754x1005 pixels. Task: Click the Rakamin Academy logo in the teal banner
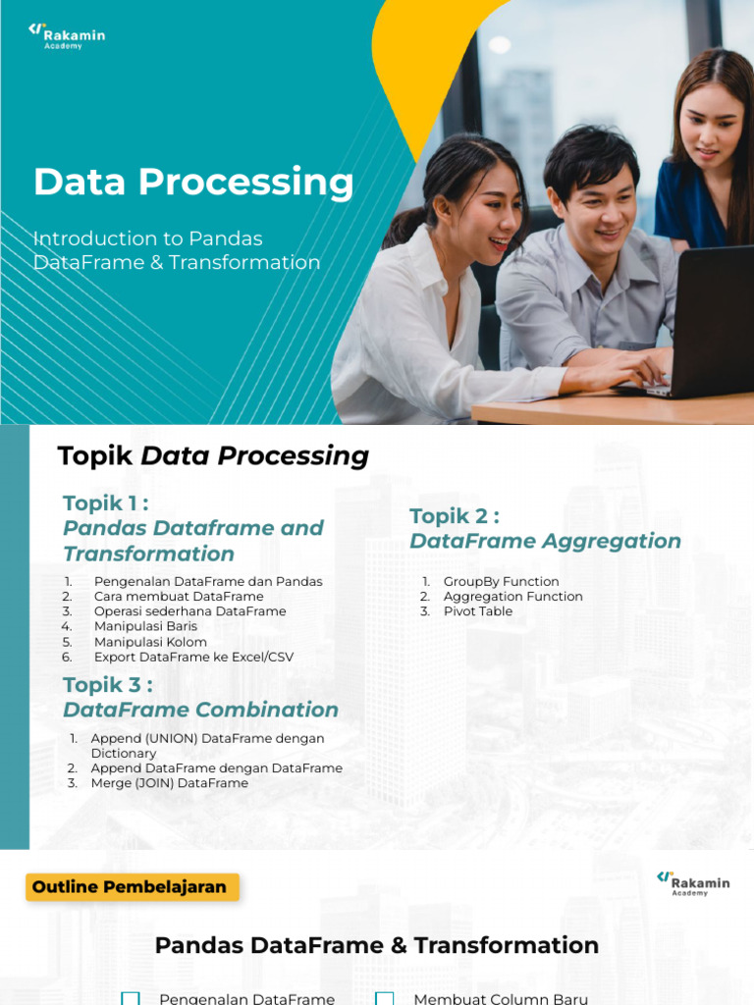coord(67,36)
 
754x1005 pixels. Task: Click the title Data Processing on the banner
coord(193,183)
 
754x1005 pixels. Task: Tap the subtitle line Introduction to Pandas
coord(148,238)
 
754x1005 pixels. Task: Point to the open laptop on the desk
coord(707,324)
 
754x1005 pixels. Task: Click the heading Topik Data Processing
coord(213,455)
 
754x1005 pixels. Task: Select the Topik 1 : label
coord(106,503)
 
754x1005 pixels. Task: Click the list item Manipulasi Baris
coord(145,626)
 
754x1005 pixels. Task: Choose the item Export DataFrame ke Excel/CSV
coord(193,658)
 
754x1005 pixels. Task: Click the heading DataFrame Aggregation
coord(545,541)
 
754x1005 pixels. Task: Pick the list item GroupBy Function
coord(501,582)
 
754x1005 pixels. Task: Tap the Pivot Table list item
coord(477,611)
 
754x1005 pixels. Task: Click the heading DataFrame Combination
coord(200,710)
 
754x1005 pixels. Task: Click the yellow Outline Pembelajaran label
coord(131,887)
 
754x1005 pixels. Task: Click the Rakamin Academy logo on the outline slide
coord(693,882)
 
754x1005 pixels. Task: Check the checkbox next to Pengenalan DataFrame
coord(131,998)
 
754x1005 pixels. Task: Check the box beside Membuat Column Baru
coord(385,998)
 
